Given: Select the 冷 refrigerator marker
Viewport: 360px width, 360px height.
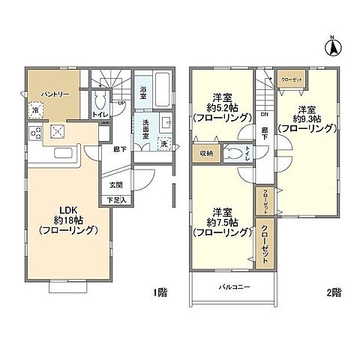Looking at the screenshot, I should (35, 112).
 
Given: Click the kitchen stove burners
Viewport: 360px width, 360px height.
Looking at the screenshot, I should (34, 135).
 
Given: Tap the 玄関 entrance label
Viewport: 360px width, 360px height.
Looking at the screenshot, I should (115, 185).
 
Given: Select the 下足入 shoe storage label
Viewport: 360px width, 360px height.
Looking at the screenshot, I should (116, 199).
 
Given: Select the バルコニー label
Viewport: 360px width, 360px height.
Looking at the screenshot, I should (235, 287).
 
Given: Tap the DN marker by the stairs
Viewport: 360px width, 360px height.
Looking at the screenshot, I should (265, 114).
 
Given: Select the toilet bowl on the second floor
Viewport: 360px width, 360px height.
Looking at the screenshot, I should (234, 154).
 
